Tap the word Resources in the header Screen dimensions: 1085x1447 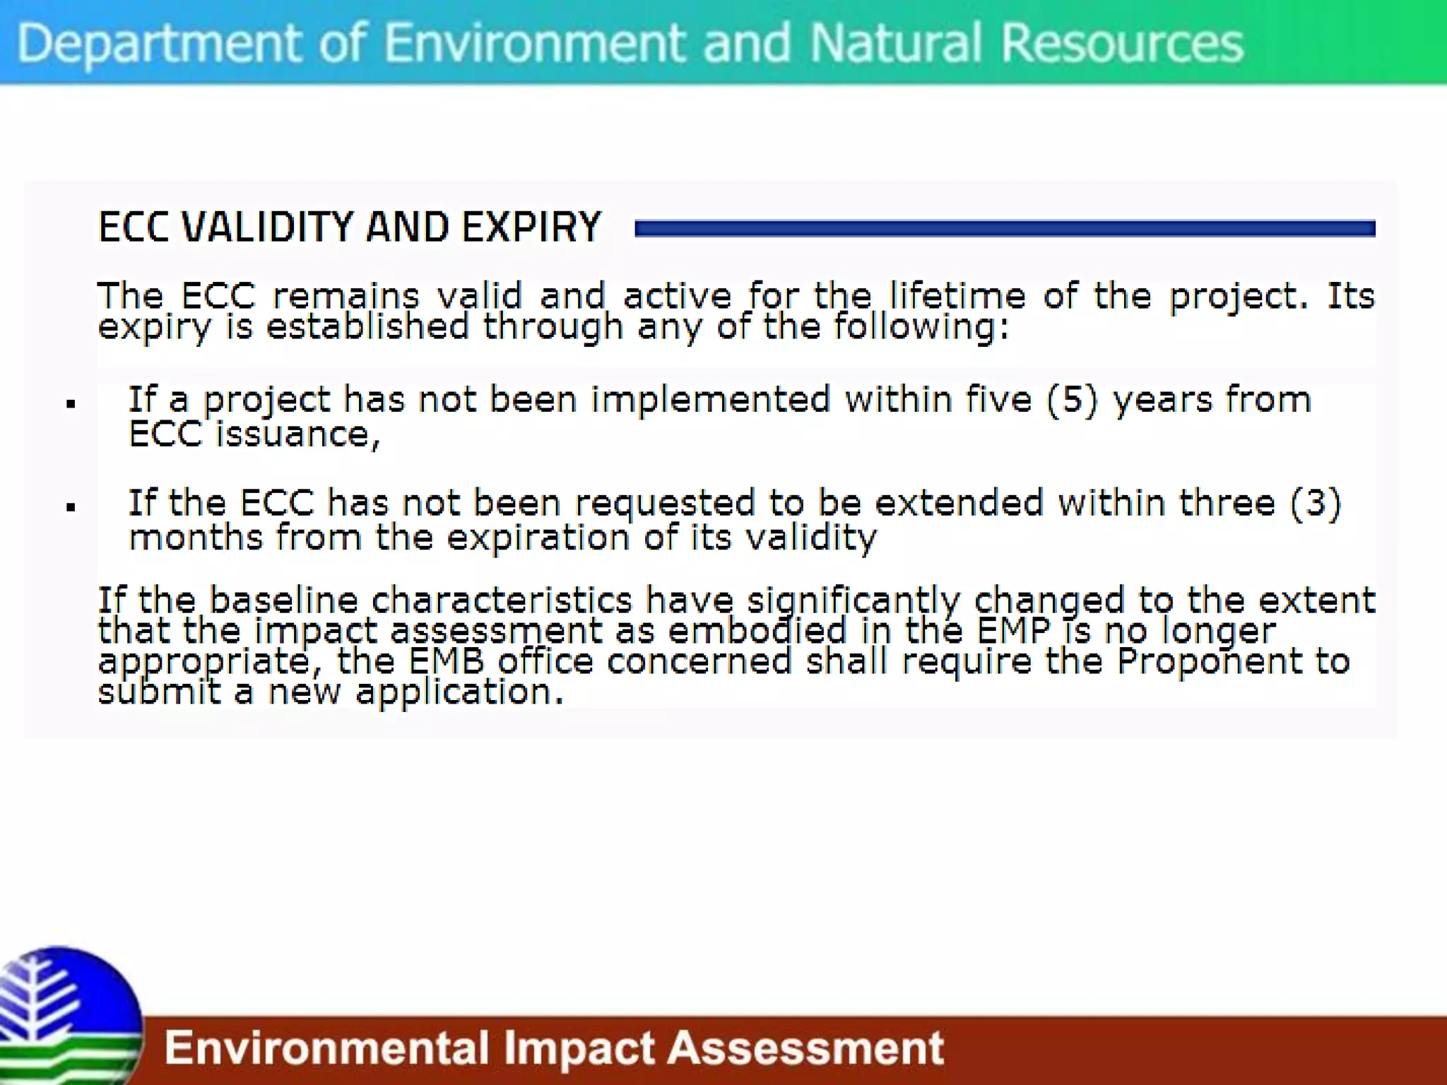point(1122,44)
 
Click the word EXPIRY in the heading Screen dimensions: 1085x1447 point(531,227)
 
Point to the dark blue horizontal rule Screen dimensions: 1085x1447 point(1005,228)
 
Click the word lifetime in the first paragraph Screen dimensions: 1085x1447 point(957,295)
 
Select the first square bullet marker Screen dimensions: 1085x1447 point(71,404)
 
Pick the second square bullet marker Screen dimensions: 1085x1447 point(71,507)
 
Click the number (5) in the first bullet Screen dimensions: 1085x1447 point(1072,400)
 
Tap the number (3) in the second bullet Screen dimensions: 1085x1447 point(1315,503)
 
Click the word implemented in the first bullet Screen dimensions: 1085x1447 point(710,400)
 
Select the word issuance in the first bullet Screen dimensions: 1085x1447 point(297,434)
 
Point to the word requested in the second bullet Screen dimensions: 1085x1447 point(665,504)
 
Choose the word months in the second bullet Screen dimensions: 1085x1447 point(196,538)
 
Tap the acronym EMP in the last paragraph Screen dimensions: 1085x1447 point(1014,631)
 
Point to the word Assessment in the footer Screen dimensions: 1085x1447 point(805,1048)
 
